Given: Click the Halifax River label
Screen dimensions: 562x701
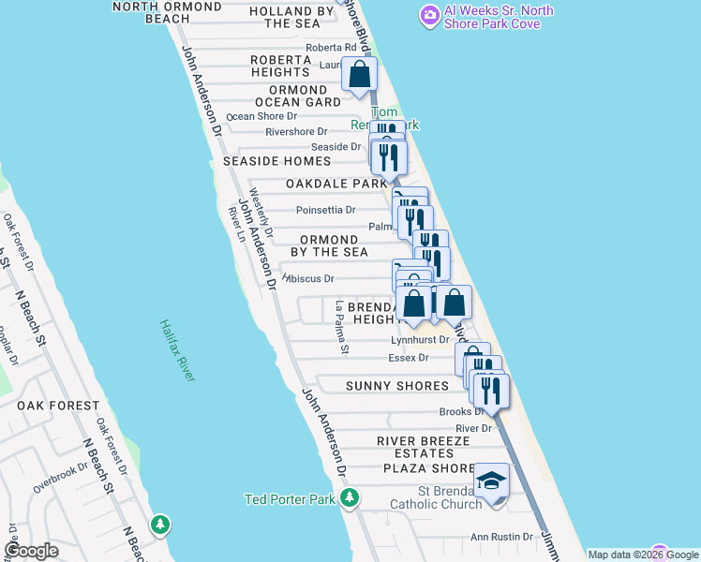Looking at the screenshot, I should click(x=177, y=350).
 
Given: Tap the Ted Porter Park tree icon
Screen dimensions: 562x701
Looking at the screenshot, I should click(x=350, y=497).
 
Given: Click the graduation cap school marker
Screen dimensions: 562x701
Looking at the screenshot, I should click(x=491, y=481).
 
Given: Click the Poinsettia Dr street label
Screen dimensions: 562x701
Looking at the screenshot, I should click(x=325, y=211).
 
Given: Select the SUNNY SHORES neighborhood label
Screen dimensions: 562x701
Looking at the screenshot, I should click(x=396, y=386).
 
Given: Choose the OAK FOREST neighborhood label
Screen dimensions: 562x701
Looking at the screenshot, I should click(x=57, y=406).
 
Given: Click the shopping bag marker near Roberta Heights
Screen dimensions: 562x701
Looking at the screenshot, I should click(x=359, y=74).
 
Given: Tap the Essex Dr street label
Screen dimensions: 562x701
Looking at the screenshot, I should click(x=408, y=358).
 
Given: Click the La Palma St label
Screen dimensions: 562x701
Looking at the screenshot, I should click(x=340, y=327).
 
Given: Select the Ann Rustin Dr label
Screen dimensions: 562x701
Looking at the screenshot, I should click(x=501, y=537).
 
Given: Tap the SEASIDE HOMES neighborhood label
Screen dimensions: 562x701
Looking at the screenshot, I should click(x=276, y=161).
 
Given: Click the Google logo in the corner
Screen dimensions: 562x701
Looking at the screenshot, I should click(x=31, y=551).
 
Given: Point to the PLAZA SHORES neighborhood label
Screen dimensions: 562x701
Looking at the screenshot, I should click(x=428, y=468).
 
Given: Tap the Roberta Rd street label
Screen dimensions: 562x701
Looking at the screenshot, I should click(x=331, y=48).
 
